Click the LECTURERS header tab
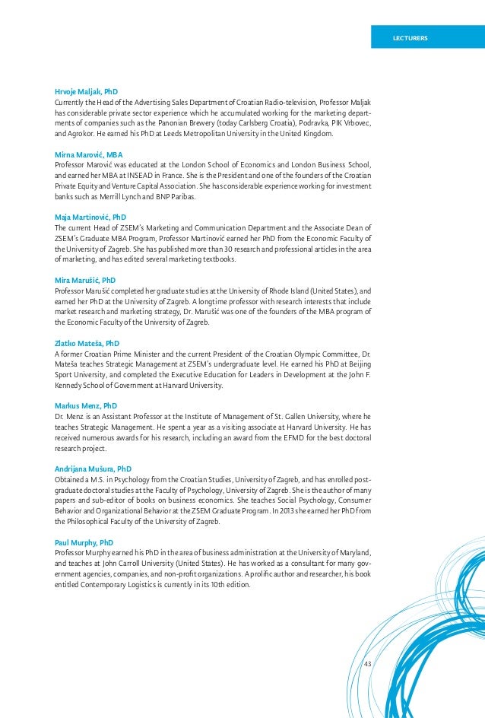(409, 37)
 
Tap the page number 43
(368, 664)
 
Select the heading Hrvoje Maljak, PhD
(86, 91)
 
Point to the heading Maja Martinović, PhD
(90, 217)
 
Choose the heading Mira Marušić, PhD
(85, 280)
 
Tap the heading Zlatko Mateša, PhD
(87, 343)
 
